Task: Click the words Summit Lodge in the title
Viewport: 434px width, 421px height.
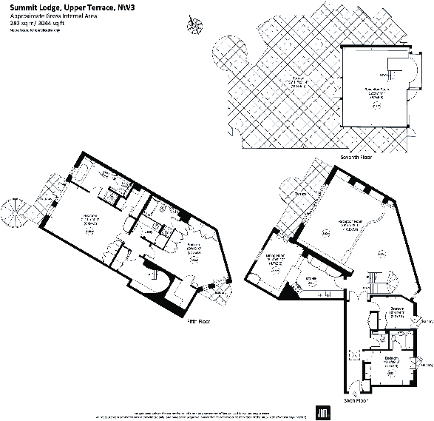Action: click(x=30, y=8)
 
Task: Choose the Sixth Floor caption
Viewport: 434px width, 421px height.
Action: click(x=356, y=400)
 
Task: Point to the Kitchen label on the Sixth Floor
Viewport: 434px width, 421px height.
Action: click(x=311, y=279)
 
